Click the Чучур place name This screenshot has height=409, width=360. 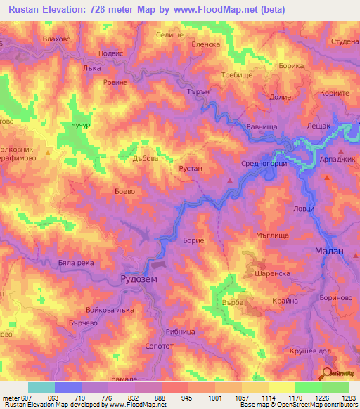pyautogui.click(x=81, y=126)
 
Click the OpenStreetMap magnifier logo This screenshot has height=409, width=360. pyautogui.click(x=328, y=374)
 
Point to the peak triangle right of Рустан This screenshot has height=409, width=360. pyautogui.click(x=230, y=181)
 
